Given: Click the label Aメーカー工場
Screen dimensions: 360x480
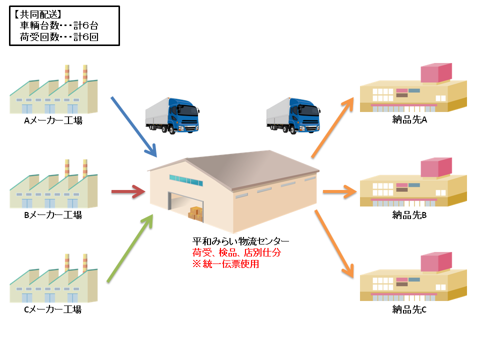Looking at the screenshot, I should click(x=53, y=120).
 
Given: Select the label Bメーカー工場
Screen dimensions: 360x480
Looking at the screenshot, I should click(x=53, y=215).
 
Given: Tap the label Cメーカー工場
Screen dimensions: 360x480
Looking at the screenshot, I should click(x=53, y=309).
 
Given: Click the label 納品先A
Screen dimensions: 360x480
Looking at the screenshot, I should click(x=409, y=120).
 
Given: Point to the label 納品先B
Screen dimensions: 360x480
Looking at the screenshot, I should click(x=409, y=215).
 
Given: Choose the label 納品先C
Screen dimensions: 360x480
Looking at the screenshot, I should click(x=409, y=309).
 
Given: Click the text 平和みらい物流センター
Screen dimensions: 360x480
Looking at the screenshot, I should click(x=240, y=241).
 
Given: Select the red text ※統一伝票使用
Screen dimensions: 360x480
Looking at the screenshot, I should click(x=226, y=263).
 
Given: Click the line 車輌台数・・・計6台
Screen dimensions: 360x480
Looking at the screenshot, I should click(x=62, y=26).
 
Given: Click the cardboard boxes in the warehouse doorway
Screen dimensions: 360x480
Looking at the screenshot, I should click(x=196, y=213).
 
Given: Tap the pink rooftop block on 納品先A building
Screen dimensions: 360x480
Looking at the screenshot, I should click(x=436, y=73).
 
